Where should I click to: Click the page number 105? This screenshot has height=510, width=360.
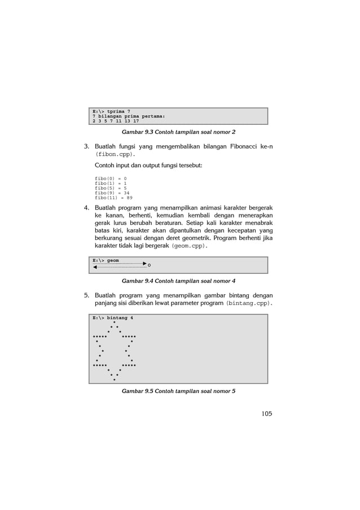[266, 413]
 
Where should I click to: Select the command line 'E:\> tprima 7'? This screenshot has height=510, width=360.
[112, 111]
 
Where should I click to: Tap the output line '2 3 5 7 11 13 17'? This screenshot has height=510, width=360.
[116, 120]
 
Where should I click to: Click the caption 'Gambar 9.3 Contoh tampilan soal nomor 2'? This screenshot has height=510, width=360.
[178, 132]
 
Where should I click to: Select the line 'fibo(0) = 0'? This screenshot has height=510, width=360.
[111, 178]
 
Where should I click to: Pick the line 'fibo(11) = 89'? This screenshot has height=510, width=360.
[113, 198]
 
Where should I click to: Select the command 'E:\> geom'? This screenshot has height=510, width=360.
[106, 260]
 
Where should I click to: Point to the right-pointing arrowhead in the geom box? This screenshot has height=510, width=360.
[144, 264]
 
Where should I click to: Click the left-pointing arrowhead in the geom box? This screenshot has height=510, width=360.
[95, 268]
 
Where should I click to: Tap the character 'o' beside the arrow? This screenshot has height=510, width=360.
[149, 265]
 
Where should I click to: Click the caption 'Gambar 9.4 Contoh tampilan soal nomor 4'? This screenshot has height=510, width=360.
[178, 281]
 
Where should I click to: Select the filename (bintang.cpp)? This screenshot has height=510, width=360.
[249, 303]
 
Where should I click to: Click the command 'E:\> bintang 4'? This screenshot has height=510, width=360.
[113, 317]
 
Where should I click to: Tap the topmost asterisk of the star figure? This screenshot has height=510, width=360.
[115, 322]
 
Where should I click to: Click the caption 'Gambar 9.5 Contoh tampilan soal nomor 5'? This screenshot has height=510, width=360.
[178, 391]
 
